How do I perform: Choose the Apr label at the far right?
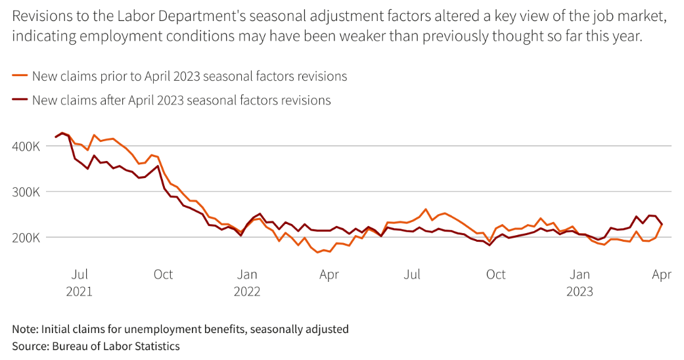[662, 275]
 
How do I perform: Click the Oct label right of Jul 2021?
[163, 275]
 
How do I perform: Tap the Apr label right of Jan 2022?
[329, 275]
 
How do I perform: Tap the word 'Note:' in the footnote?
[25, 328]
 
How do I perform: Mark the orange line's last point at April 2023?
[662, 225]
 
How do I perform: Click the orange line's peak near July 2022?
[426, 210]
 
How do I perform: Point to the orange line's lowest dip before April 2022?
[318, 252]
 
